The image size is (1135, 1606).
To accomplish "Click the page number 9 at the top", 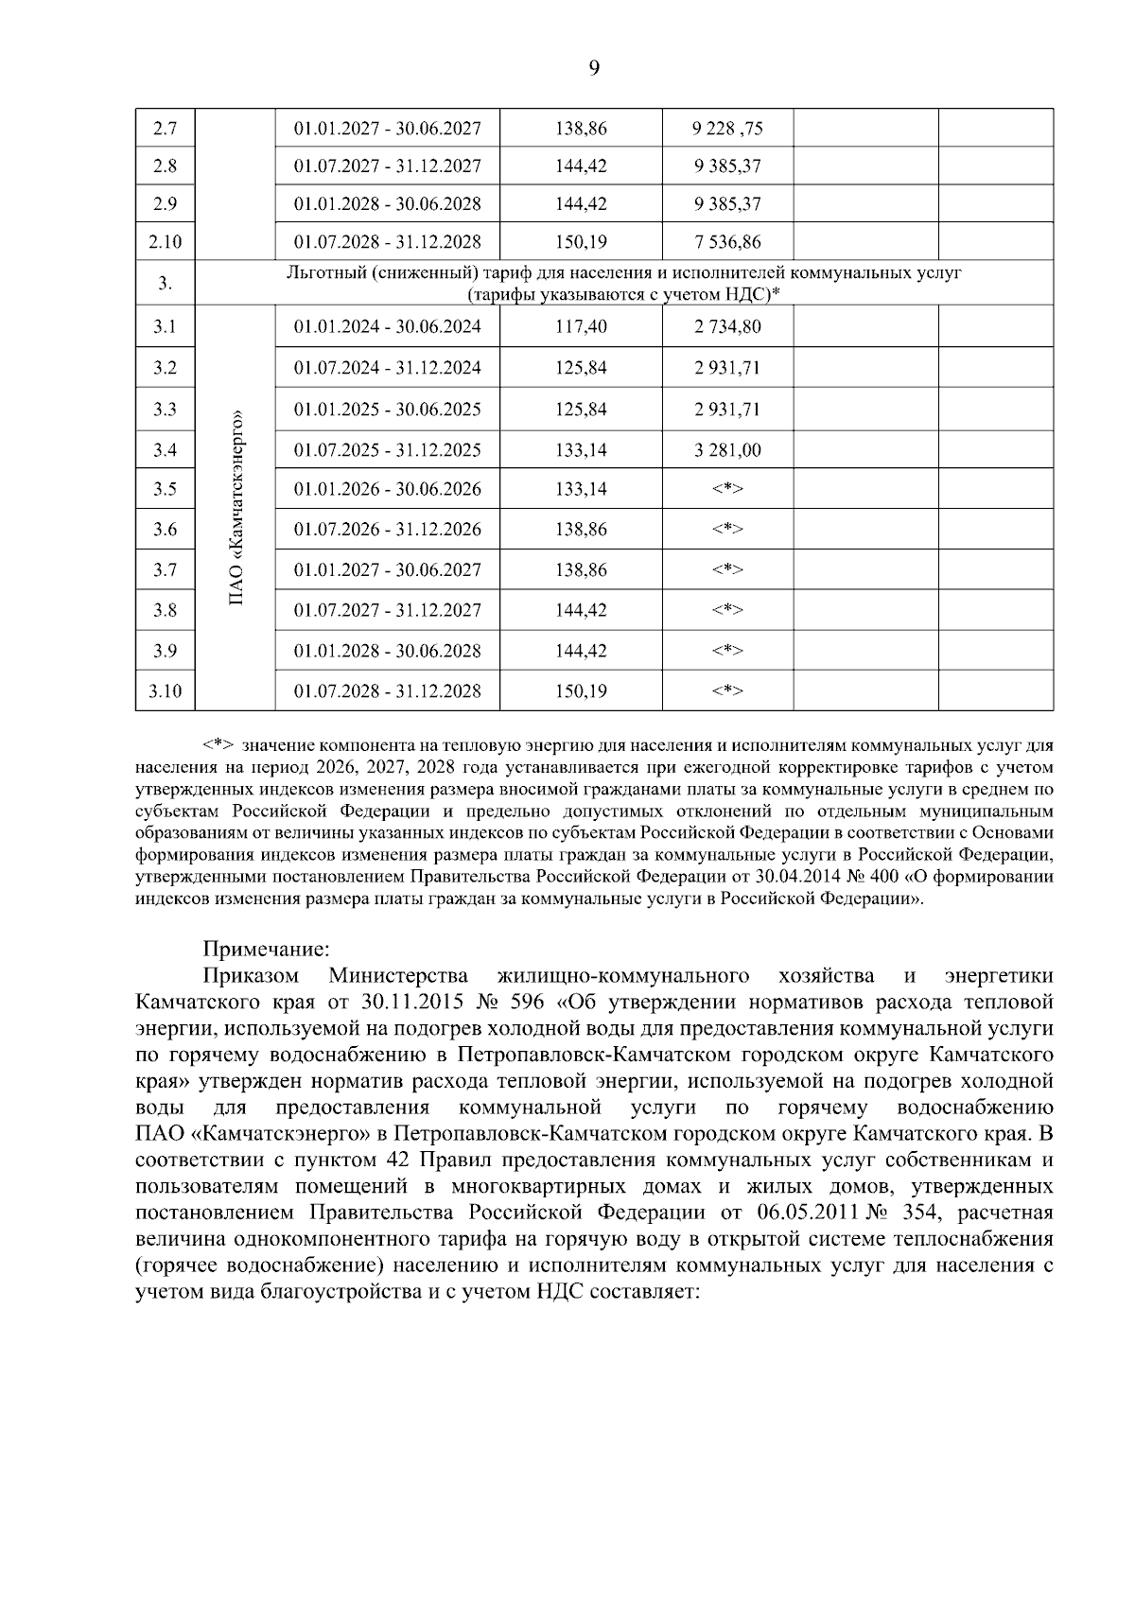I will click(x=594, y=67).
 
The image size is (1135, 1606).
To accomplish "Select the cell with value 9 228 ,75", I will click(x=726, y=128).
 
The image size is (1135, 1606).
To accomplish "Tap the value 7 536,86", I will click(x=726, y=242).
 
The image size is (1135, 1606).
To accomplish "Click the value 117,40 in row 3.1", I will click(x=581, y=327).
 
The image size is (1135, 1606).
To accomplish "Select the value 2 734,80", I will click(x=726, y=327).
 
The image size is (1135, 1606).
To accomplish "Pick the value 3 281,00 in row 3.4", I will click(x=726, y=450).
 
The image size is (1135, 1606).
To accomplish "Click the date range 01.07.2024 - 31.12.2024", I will click(x=387, y=368).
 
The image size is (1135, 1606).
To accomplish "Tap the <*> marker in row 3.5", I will click(x=726, y=489).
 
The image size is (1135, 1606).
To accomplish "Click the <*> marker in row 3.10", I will click(x=726, y=691).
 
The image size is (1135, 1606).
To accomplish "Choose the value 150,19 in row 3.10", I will click(x=581, y=691).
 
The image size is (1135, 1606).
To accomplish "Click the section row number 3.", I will click(x=165, y=284).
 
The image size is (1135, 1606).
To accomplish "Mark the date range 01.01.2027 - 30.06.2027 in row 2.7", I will click(x=387, y=128).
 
